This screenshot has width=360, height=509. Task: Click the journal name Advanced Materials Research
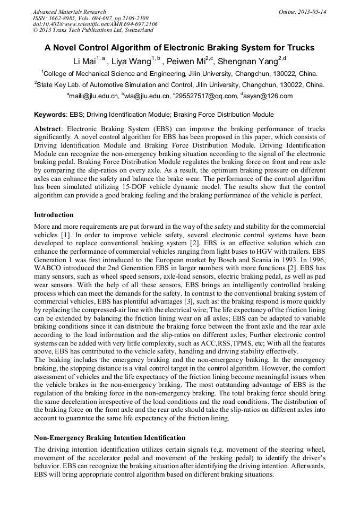pos(69,12)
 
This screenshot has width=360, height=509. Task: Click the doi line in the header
pos(95,24)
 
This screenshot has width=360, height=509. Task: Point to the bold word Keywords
pos(50,115)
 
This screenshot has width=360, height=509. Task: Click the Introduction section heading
pos(54,215)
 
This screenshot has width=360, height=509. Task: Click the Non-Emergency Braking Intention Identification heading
pos(109,438)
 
